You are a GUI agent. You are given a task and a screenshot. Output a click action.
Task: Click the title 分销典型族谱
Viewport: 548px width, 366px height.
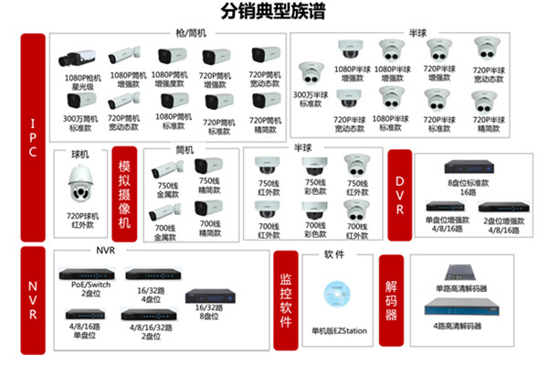pos(273,13)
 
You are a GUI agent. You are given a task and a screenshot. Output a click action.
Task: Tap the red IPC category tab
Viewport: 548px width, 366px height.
pos(33,138)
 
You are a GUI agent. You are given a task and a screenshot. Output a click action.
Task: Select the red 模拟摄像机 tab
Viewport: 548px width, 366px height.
pos(125,196)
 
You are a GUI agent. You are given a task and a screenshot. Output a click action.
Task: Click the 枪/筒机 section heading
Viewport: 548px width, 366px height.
pos(191,33)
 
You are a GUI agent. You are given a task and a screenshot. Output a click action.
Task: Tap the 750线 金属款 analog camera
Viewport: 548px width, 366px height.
pos(168,169)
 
